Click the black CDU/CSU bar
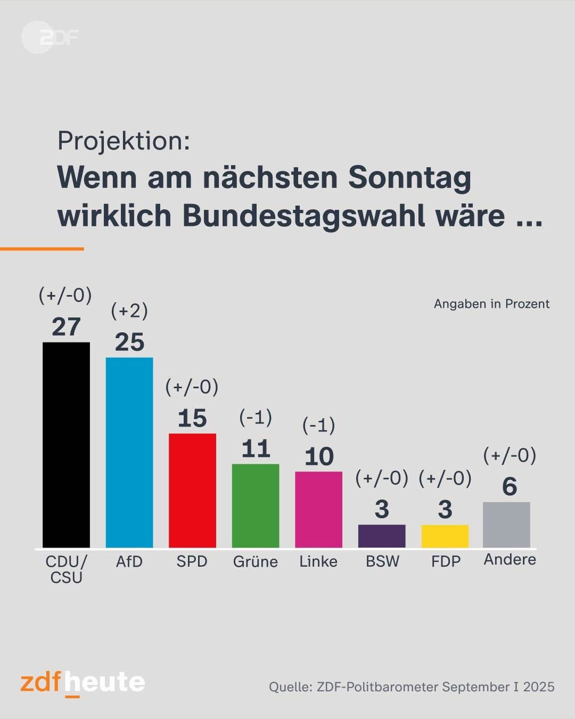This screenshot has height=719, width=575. (x=66, y=445)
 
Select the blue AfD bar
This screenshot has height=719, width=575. (x=129, y=452)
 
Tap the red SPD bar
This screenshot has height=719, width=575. (x=192, y=490)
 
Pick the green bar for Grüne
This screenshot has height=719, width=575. (x=256, y=505)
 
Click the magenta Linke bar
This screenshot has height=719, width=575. (x=318, y=509)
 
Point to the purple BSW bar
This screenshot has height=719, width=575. (x=382, y=536)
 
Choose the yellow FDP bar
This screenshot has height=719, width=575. (x=445, y=536)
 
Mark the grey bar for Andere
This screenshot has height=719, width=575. (x=506, y=525)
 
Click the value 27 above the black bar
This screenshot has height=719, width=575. (x=66, y=326)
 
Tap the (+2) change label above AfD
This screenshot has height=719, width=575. (x=129, y=311)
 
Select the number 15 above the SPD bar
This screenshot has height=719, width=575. (x=192, y=418)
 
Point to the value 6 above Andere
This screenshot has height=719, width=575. (x=510, y=486)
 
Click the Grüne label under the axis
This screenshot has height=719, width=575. (x=256, y=561)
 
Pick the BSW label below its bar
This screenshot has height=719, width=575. (x=382, y=561)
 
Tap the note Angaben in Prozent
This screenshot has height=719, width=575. (x=491, y=304)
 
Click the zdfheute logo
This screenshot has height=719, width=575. (x=83, y=683)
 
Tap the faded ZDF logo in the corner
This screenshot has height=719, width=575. (x=50, y=37)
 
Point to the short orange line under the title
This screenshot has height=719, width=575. (x=42, y=249)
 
